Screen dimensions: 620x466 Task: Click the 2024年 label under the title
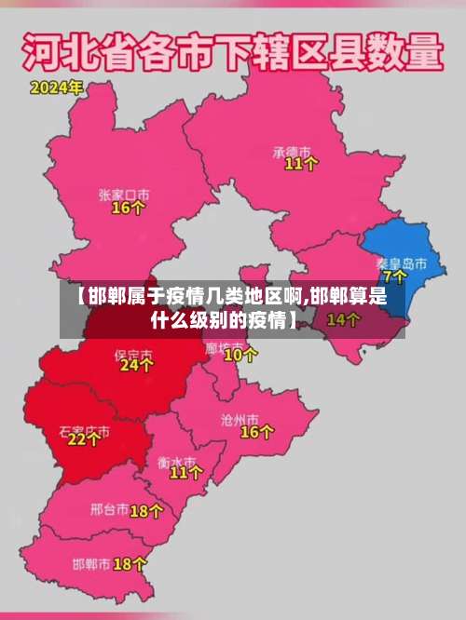point(56,88)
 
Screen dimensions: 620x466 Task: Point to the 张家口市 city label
point(124,194)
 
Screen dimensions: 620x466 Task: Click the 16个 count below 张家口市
point(128,209)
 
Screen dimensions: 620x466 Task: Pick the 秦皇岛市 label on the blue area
point(402,263)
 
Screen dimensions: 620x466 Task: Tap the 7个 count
point(394,276)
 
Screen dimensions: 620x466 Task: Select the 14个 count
point(343,319)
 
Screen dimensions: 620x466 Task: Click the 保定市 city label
point(132,354)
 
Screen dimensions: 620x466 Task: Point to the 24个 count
point(136,367)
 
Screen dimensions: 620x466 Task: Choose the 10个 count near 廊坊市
point(241,355)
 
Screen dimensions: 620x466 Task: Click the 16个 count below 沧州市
point(257,432)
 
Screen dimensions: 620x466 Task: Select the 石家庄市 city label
point(84,431)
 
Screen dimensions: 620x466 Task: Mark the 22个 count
point(84,439)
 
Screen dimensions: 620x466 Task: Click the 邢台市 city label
point(109,510)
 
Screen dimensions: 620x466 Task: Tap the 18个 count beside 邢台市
point(146,510)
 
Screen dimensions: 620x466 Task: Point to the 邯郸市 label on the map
point(91,564)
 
